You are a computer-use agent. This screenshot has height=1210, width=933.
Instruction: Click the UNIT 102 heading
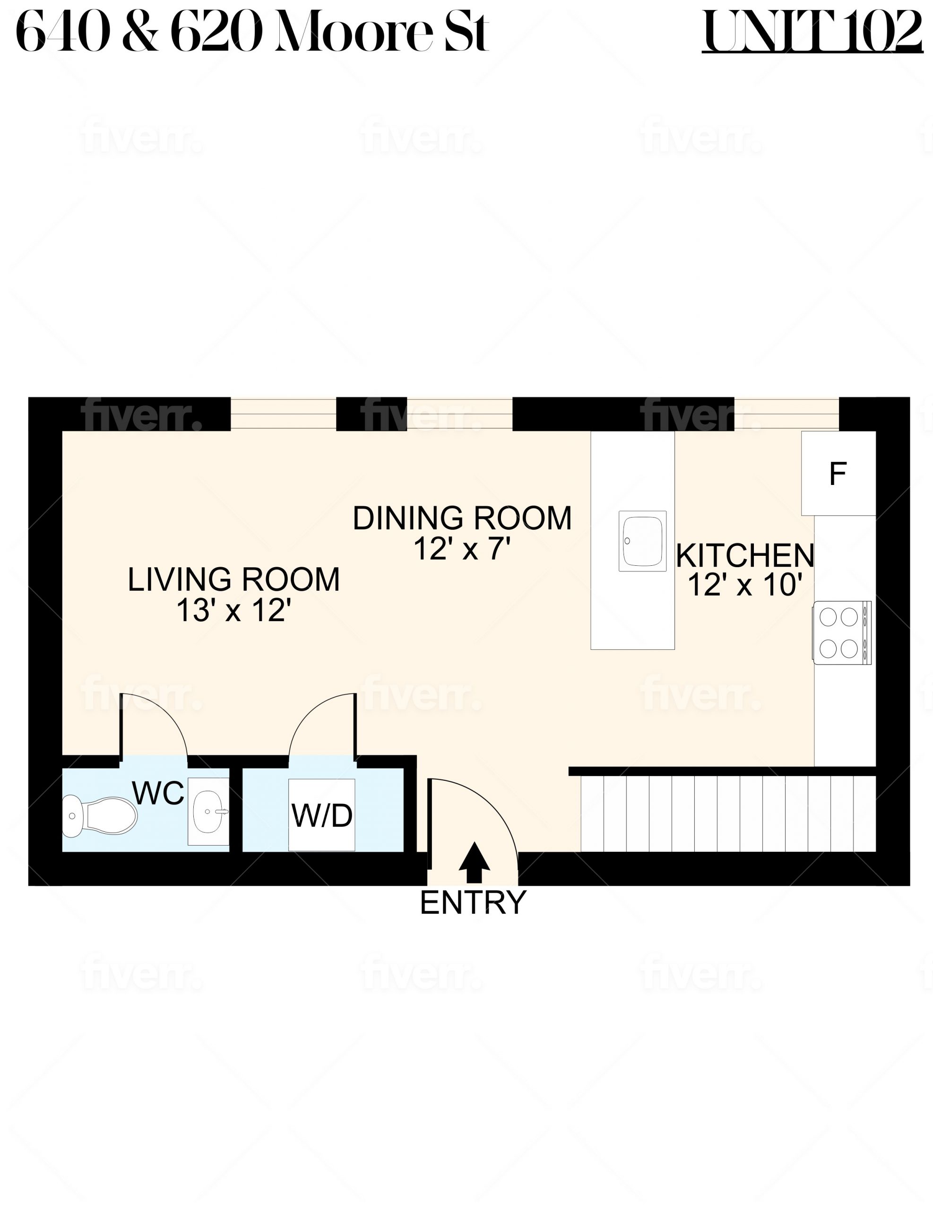tap(812, 32)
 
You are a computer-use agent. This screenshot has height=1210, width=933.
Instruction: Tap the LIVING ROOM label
tap(233, 579)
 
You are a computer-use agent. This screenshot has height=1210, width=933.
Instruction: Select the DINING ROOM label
tap(462, 518)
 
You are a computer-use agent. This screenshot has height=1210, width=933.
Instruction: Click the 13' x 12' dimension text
tap(233, 611)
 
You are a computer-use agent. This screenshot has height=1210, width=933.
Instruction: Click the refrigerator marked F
tap(838, 473)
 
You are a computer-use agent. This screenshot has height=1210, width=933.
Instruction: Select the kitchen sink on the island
tap(642, 541)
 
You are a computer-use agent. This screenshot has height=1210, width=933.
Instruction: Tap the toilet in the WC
tap(99, 816)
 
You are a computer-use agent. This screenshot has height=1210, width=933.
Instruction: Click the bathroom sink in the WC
tap(208, 812)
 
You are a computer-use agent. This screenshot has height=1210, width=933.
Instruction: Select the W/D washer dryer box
tap(321, 815)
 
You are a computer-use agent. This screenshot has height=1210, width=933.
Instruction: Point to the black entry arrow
tap(474, 863)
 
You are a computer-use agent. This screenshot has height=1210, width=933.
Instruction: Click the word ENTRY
tap(473, 903)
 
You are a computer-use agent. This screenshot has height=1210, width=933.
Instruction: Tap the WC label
tap(158, 794)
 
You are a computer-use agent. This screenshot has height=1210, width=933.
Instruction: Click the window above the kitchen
tap(787, 414)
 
